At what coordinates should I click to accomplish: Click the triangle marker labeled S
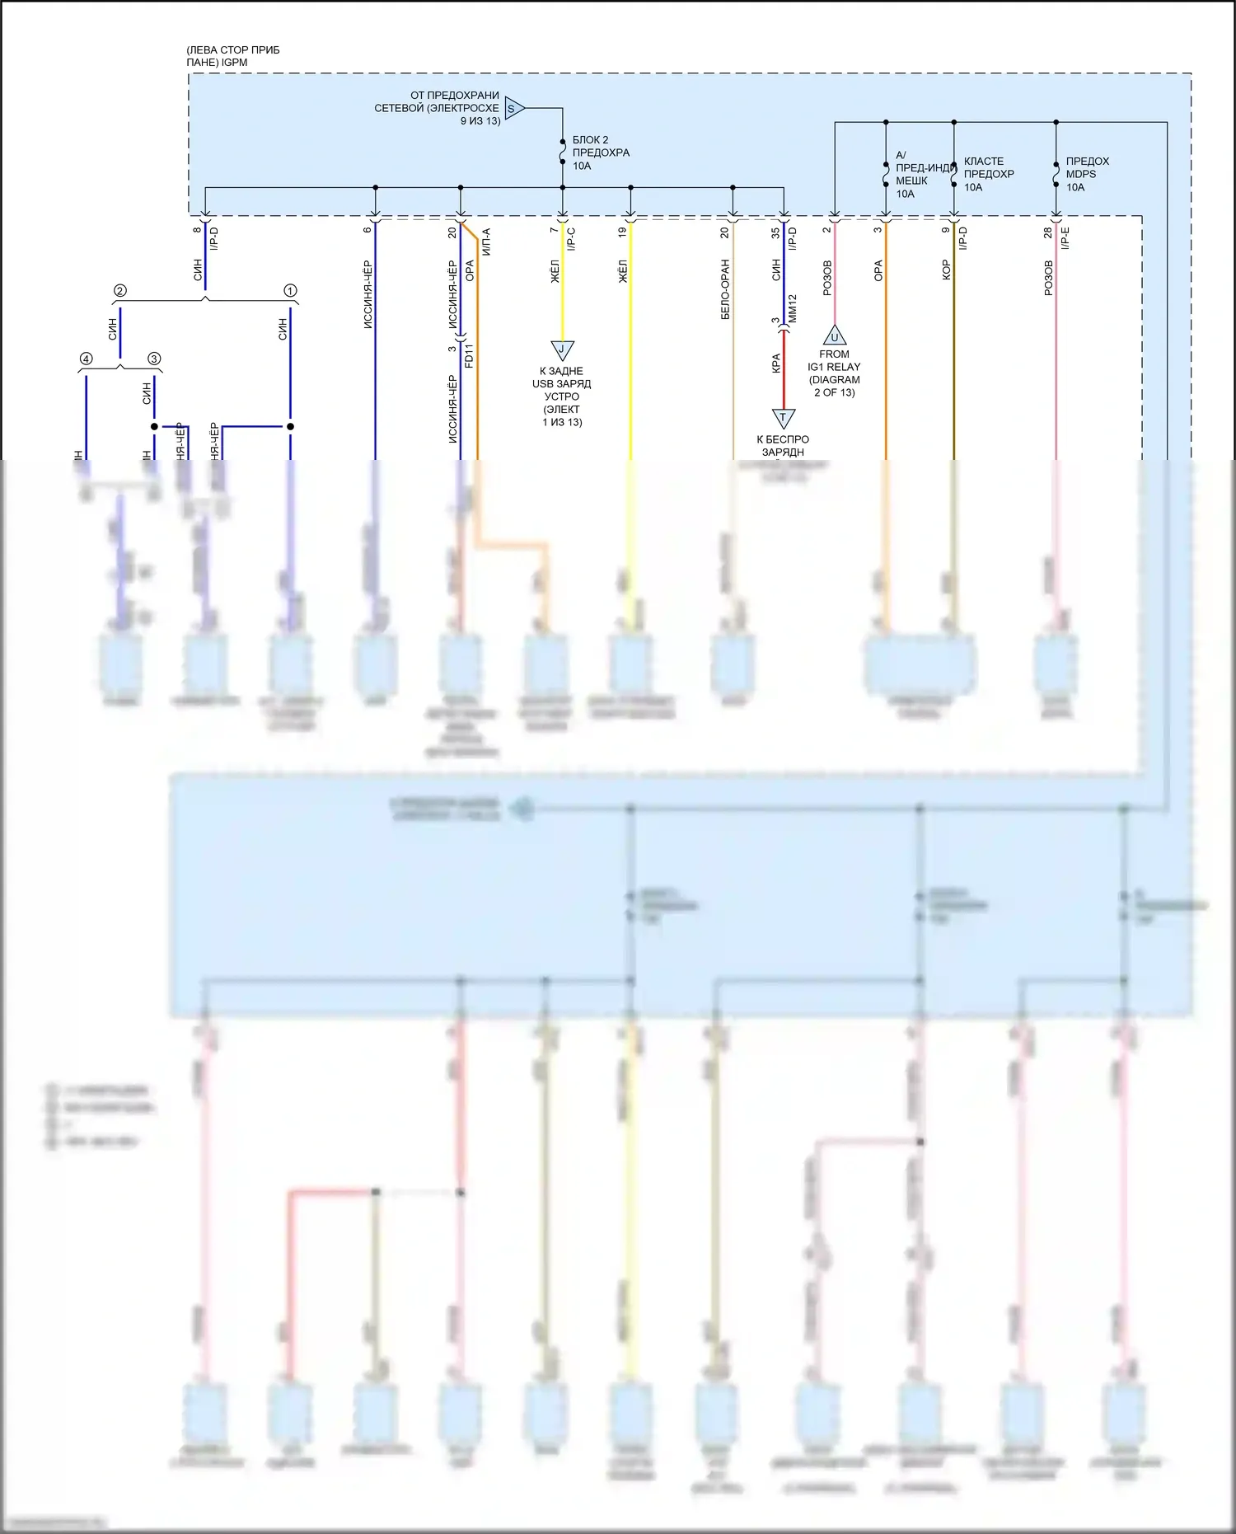click(513, 108)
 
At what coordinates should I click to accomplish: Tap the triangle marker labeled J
click(562, 349)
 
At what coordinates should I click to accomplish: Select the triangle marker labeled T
click(783, 418)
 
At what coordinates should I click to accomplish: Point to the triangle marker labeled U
click(834, 336)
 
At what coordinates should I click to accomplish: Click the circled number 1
click(290, 291)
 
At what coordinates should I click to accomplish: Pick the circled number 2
click(120, 291)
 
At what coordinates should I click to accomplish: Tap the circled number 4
click(86, 359)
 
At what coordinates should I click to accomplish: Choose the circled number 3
click(154, 359)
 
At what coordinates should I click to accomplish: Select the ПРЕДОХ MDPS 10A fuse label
click(1087, 174)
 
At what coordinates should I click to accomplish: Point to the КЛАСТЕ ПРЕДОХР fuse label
click(988, 174)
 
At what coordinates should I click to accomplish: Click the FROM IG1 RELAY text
click(834, 373)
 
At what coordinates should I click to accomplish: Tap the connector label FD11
click(469, 355)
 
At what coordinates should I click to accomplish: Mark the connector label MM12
click(793, 308)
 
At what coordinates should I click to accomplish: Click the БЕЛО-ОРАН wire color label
click(725, 289)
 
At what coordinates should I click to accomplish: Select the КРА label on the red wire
click(775, 364)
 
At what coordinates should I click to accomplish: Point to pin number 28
click(1047, 233)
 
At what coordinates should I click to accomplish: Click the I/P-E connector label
click(1065, 238)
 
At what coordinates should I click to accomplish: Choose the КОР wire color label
click(946, 270)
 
